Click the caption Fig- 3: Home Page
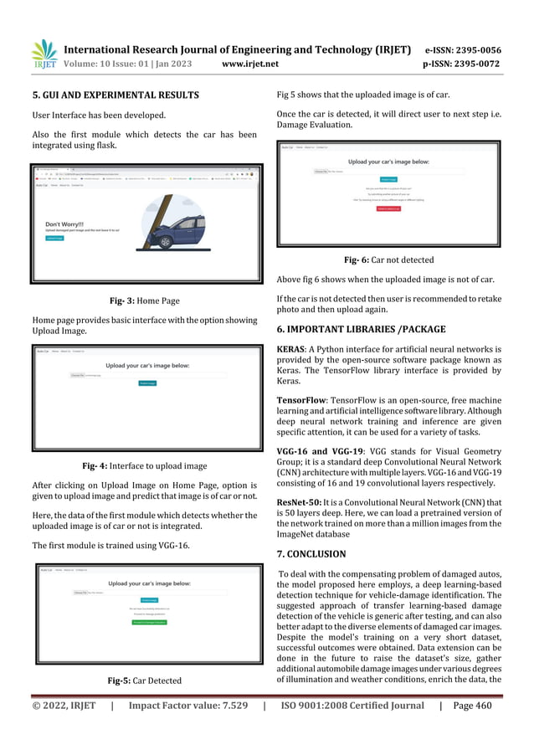[144, 300]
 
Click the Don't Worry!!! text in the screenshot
[65, 224]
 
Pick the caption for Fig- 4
[144, 465]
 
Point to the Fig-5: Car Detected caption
[144, 681]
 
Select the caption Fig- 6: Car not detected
[389, 259]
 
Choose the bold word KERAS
[293, 348]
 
